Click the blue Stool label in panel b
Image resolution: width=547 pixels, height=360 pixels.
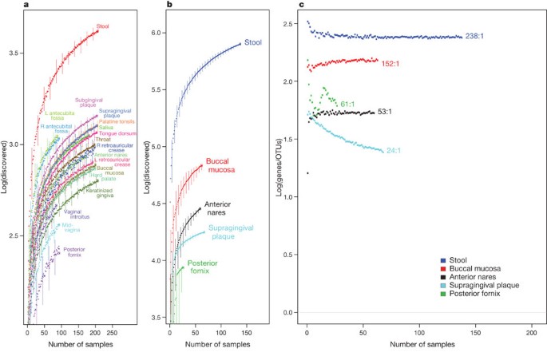pos(254,42)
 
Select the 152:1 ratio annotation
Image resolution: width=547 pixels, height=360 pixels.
pos(391,63)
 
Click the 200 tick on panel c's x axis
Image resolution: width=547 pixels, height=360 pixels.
pos(532,331)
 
